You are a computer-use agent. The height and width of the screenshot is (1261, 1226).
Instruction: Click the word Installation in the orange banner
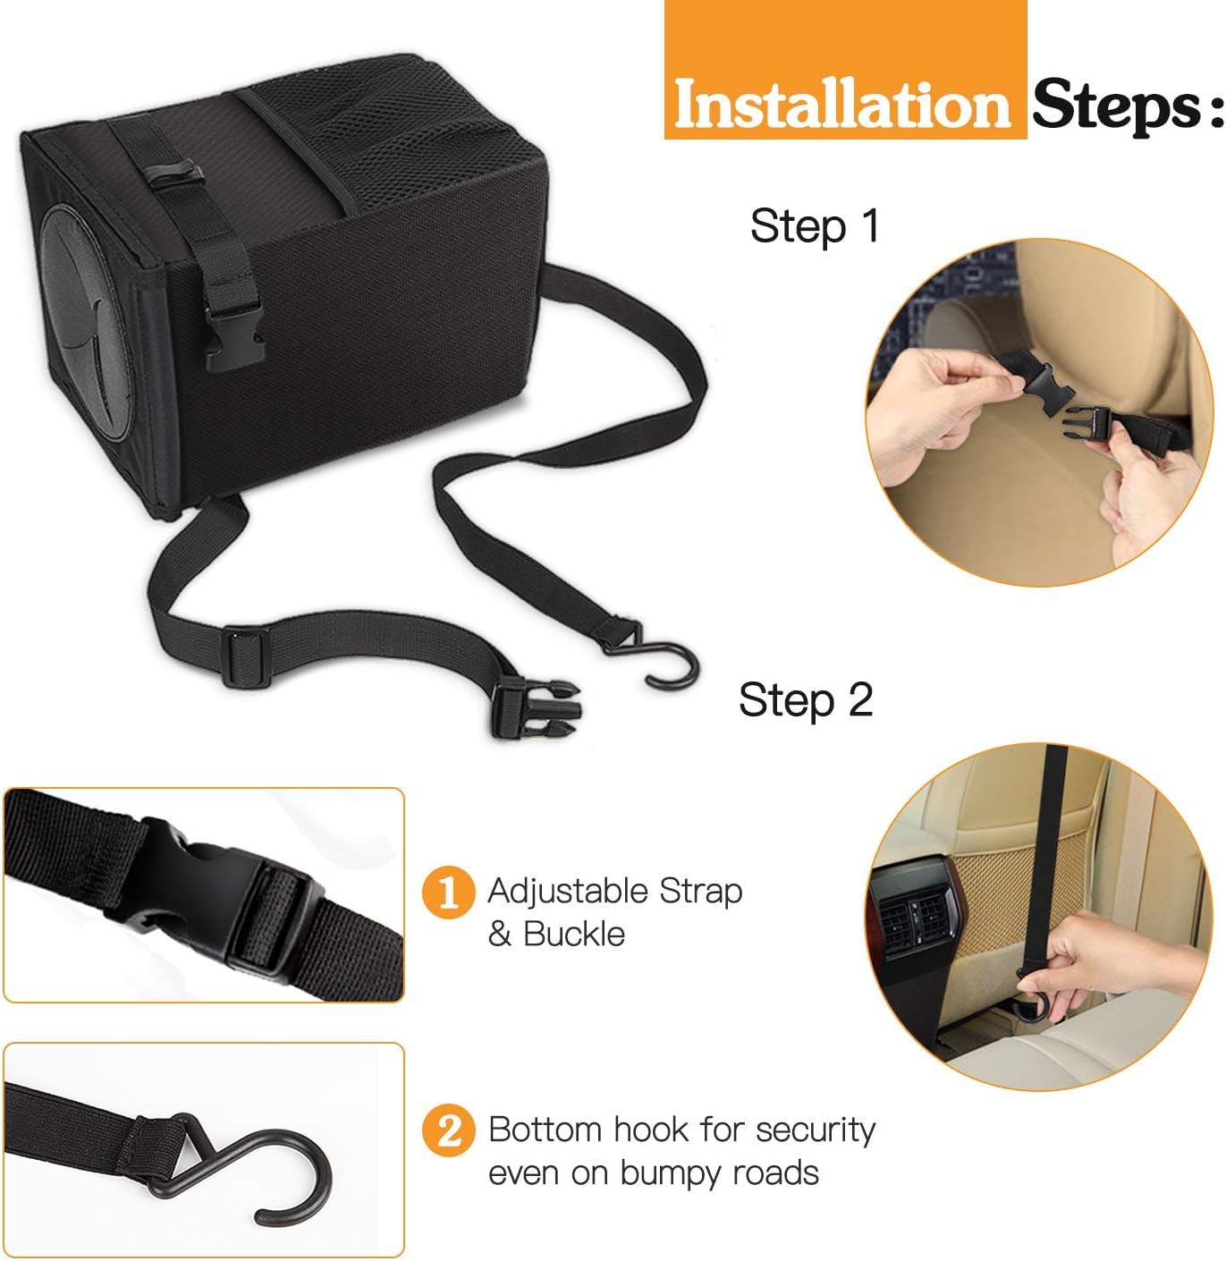pyautogui.click(x=841, y=105)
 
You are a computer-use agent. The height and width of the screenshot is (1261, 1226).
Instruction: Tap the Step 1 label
pyautogui.click(x=815, y=226)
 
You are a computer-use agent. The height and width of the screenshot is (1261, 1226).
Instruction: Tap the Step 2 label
pyautogui.click(x=806, y=700)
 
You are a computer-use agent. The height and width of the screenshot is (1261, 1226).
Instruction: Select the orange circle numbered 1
pyautogui.click(x=448, y=893)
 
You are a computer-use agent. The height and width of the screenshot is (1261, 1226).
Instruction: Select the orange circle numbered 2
pyautogui.click(x=448, y=1130)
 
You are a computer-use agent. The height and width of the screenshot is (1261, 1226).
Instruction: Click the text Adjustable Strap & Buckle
pyautogui.click(x=614, y=912)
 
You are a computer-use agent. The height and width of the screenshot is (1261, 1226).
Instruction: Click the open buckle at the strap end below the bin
pyautogui.click(x=533, y=709)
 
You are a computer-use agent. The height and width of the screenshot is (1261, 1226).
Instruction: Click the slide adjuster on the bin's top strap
pyautogui.click(x=173, y=173)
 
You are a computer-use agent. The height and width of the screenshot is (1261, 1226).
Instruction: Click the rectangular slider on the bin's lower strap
pyautogui.click(x=246, y=656)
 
